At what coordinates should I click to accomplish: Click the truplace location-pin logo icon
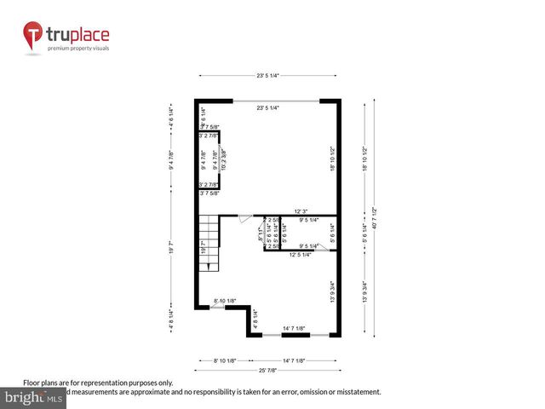(x=34, y=37)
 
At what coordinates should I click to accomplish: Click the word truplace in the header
(x=77, y=34)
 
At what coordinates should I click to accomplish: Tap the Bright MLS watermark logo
(x=34, y=397)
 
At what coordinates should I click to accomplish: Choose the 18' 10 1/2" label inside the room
(x=333, y=159)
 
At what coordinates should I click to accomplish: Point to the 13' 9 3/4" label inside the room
(x=333, y=292)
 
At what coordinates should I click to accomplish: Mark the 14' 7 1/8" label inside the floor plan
(x=298, y=327)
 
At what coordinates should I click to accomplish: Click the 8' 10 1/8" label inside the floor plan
(x=225, y=301)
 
